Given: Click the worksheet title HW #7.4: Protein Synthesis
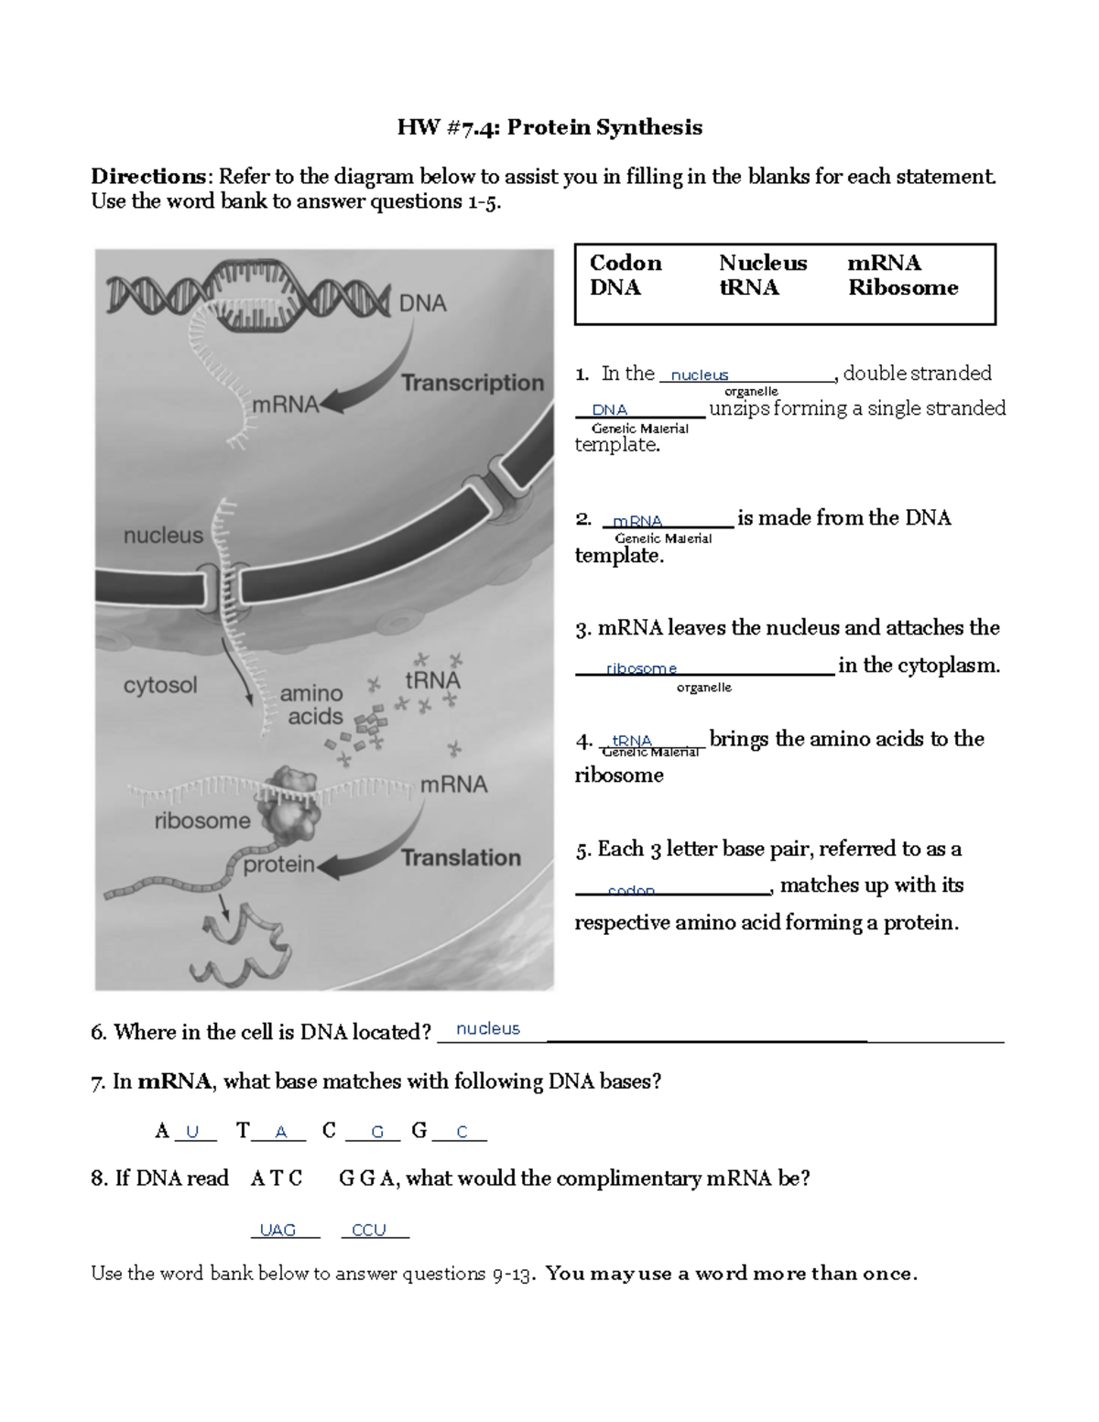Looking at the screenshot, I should pos(549,127).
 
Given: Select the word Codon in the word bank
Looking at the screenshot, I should pos(626,263).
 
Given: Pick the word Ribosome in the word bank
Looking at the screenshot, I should pos(903,288).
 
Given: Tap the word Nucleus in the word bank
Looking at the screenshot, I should pos(763,263).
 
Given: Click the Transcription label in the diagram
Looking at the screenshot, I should pos(473,383).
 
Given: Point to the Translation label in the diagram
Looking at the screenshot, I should pos(461,858).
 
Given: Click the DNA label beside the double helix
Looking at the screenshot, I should pos(422,303).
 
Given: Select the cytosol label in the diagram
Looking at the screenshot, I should pos(160,685).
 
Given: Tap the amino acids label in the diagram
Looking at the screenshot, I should pos(311,705).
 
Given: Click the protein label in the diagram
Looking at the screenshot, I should pos(278,864).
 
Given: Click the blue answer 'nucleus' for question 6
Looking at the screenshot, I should pos(488,1029).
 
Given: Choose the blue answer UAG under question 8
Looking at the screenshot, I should pos(277,1230).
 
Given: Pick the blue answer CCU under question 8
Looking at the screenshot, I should pos(369,1230).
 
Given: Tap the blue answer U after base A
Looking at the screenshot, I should pos(192,1133).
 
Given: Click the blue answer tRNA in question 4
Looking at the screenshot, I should pos(632,740).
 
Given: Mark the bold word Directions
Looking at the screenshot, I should pos(149,177).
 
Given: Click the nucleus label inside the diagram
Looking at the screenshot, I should pos(163,536).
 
